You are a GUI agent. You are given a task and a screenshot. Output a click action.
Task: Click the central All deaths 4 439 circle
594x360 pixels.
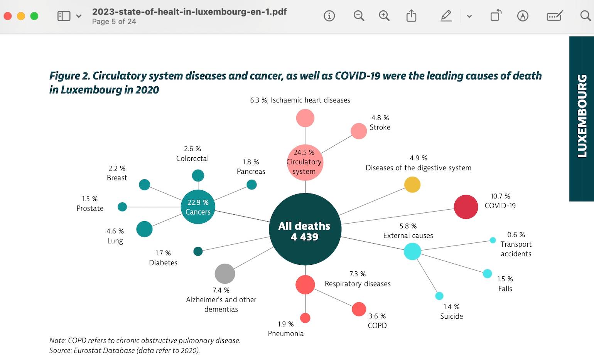pyautogui.click(x=305, y=229)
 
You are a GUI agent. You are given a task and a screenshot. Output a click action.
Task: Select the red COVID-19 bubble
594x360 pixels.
pyautogui.click(x=466, y=207)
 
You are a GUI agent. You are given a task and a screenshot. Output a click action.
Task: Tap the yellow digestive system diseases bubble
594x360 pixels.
pyautogui.click(x=412, y=185)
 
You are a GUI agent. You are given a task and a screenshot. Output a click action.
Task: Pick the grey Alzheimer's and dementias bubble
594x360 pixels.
pyautogui.click(x=225, y=274)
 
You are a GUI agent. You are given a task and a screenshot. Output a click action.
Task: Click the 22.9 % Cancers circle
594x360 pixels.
pyautogui.click(x=198, y=207)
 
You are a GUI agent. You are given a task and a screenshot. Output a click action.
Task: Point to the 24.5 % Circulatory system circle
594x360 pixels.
pyautogui.click(x=305, y=162)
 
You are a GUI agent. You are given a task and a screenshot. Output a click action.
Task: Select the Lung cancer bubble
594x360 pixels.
pyautogui.click(x=144, y=229)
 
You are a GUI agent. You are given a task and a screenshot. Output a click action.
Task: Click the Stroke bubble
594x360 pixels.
pyautogui.click(x=359, y=131)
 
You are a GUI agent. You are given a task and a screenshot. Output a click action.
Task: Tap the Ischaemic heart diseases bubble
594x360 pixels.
pyautogui.click(x=305, y=118)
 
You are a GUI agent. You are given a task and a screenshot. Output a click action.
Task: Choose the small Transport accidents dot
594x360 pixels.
pyautogui.click(x=493, y=240)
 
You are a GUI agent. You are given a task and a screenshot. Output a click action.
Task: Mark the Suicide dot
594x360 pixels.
pyautogui.click(x=439, y=296)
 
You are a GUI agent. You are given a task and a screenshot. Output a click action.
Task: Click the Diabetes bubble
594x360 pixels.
pyautogui.click(x=198, y=251)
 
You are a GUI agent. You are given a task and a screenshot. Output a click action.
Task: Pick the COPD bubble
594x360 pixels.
pyautogui.click(x=359, y=309)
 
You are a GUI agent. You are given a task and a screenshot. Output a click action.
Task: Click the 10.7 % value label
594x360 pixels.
pyautogui.click(x=500, y=196)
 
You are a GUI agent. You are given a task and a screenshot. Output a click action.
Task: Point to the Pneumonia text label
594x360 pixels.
pyautogui.click(x=286, y=334)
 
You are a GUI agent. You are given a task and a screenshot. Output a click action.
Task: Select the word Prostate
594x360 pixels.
pyautogui.click(x=90, y=209)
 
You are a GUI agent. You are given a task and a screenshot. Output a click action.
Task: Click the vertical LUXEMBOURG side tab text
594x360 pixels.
pyautogui.click(x=582, y=116)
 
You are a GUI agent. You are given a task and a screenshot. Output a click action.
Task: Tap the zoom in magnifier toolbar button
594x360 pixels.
pyautogui.click(x=384, y=16)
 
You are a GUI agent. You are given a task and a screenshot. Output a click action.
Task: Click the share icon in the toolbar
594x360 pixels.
pyautogui.click(x=411, y=16)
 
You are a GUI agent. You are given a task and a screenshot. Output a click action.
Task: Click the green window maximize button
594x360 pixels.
pyautogui.click(x=34, y=16)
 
